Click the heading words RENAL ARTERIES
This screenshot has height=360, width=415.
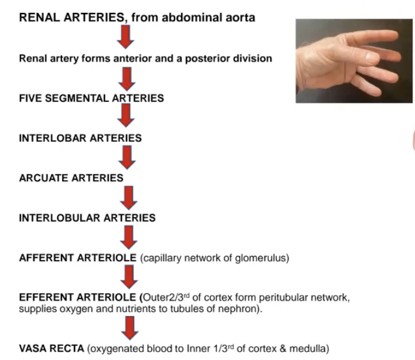click(x=71, y=18)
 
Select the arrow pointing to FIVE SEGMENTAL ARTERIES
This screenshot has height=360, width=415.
click(x=127, y=77)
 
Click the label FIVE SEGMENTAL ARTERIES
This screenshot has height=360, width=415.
click(x=91, y=98)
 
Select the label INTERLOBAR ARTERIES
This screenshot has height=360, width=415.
click(x=80, y=138)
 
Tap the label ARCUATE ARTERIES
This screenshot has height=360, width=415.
click(x=71, y=178)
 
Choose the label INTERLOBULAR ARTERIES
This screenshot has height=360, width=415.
click(x=87, y=218)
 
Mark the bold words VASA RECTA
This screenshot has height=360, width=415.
click(x=51, y=349)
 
